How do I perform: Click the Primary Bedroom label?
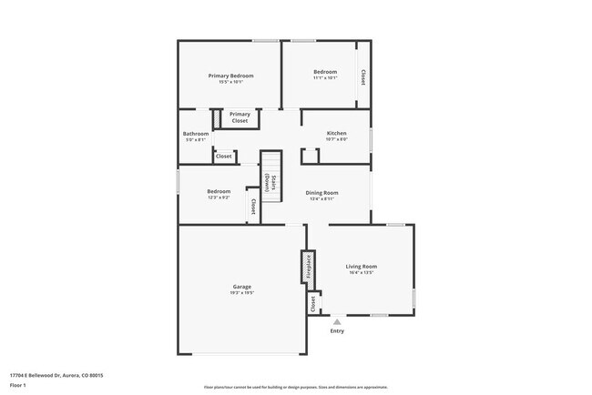pyautogui.click(x=230, y=75)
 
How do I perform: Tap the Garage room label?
pyautogui.click(x=241, y=287)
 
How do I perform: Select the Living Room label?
pyautogui.click(x=362, y=267)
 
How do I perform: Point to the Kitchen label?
pyautogui.click(x=337, y=134)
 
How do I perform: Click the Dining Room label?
pyautogui.click(x=322, y=192)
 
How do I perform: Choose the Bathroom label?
pyautogui.click(x=196, y=134)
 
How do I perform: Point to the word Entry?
pyautogui.click(x=338, y=330)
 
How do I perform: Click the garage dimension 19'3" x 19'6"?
pyautogui.click(x=241, y=293)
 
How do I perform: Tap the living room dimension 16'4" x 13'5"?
pyautogui.click(x=362, y=273)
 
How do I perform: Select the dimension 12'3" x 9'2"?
pyautogui.click(x=219, y=197)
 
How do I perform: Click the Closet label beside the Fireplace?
pyautogui.click(x=313, y=304)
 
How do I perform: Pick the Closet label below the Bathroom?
pyautogui.click(x=223, y=157)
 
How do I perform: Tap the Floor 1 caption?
pyautogui.click(x=18, y=385)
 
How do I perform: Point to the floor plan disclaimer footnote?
pyautogui.click(x=296, y=387)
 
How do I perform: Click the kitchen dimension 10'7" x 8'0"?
pyautogui.click(x=337, y=140)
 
